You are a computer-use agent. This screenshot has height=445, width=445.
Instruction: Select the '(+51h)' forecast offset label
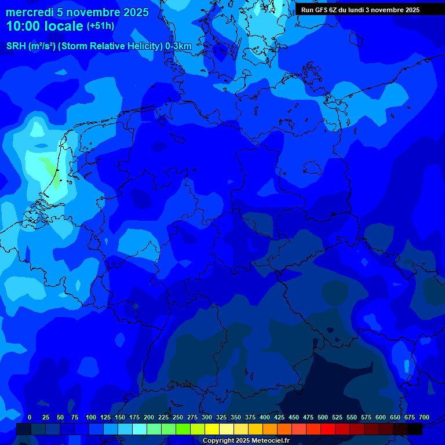coord(100,26)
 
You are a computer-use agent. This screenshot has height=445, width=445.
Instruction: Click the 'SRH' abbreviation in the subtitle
coord(16,46)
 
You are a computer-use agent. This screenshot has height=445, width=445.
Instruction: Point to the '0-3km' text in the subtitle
coord(178,46)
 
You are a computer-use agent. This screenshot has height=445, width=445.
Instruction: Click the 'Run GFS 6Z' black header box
coord(360,9)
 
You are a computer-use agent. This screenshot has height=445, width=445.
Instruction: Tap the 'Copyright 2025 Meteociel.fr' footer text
coord(245,441)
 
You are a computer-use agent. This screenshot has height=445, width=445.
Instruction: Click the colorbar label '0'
coord(30,417)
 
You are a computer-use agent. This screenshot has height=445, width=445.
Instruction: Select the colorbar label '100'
coord(91,417)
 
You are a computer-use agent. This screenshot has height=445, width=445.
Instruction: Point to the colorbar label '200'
coord(149,417)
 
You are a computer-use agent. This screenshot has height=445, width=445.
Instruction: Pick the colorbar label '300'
coord(207,417)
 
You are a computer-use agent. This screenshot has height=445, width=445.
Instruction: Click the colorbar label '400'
coord(265,417)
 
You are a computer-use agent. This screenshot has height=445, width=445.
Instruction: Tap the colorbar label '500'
coord(323,417)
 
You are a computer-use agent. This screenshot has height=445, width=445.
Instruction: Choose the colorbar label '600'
coord(381,417)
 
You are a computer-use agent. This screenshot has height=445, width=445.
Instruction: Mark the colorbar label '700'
coord(424,417)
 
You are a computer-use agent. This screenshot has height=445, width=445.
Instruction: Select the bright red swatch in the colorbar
coord(328,429)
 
